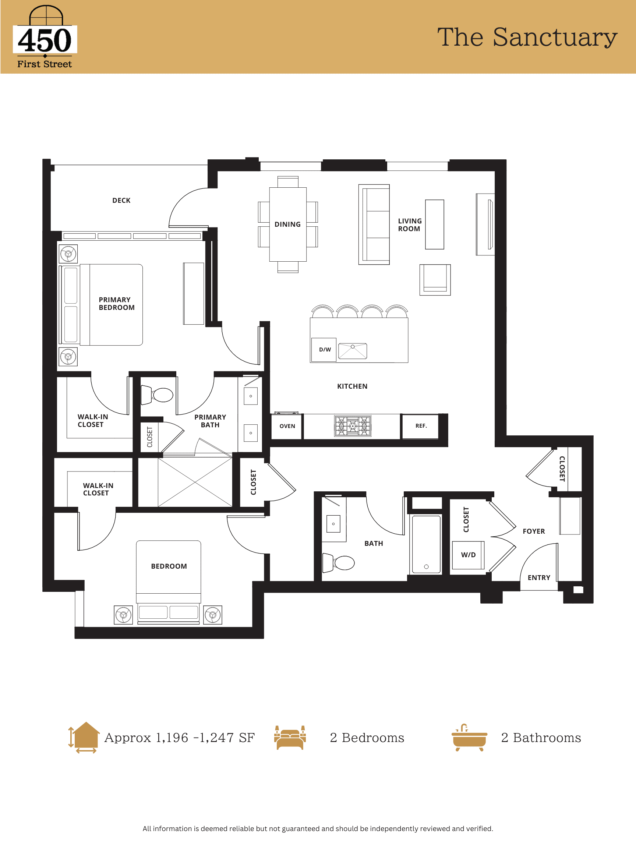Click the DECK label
[x=121, y=201]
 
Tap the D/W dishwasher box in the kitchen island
[x=324, y=350]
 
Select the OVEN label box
[x=287, y=426]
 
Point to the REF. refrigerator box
[x=420, y=426]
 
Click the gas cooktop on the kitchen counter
[x=353, y=426]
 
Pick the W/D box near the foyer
[x=468, y=555]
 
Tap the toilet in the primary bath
[x=157, y=395]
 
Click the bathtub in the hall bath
[x=426, y=544]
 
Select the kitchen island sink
[x=353, y=351]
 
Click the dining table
[x=288, y=224]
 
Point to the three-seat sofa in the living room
[x=374, y=225]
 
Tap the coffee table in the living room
[x=435, y=224]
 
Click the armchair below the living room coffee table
[x=435, y=280]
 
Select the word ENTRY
[x=538, y=578]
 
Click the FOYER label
[x=534, y=531]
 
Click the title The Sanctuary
[x=527, y=37]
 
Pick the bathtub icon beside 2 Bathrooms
[x=469, y=738]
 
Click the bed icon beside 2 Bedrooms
[x=290, y=738]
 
